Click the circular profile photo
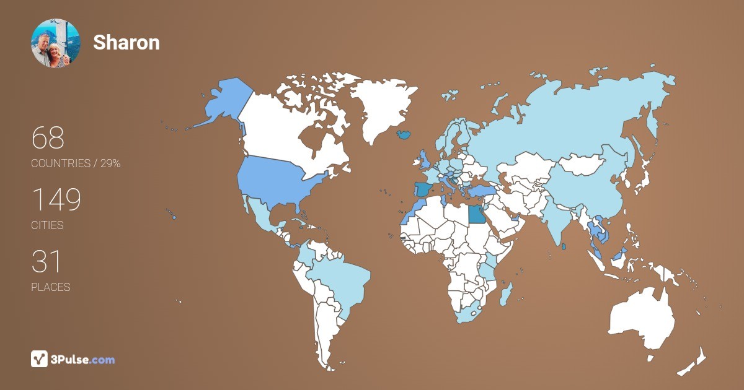tap(55, 43)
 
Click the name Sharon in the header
tap(126, 42)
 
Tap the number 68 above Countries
tap(48, 138)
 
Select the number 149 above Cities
tap(56, 200)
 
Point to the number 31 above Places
tap(46, 262)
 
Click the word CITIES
tap(47, 225)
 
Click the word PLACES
tap(51, 287)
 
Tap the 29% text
tap(110, 163)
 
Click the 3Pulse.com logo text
tap(84, 359)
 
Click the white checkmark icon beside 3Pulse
tap(40, 359)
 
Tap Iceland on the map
tap(404, 134)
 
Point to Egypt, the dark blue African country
tap(476, 214)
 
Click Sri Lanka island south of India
tap(562, 247)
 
